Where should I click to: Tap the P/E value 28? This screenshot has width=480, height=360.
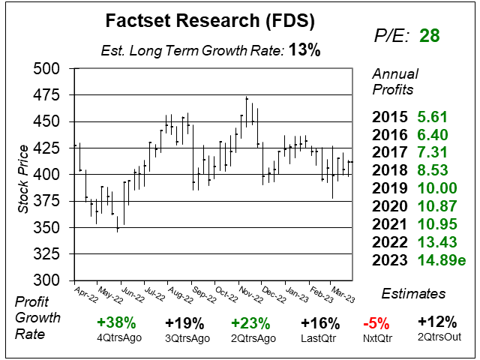tap(430, 35)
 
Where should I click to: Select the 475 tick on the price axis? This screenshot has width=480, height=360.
tap(50, 95)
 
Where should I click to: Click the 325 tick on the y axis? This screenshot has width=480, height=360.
tap(50, 253)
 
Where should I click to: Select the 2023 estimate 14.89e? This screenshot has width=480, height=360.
tap(441, 261)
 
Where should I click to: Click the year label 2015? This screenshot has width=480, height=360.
tap(390, 117)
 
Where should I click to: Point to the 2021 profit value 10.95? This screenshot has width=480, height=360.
tap(437, 225)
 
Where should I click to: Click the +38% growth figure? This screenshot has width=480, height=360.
tap(115, 323)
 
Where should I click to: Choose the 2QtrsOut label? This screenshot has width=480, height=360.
tap(437, 338)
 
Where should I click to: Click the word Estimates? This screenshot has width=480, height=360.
tap(413, 293)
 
